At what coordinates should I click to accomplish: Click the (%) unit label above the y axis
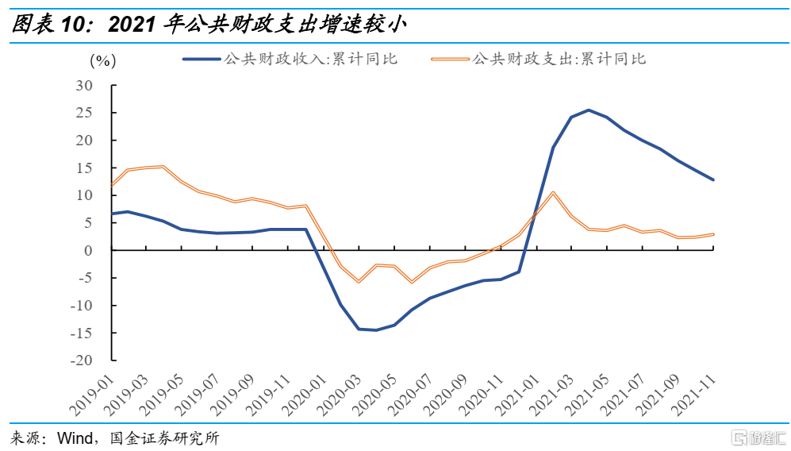(103, 60)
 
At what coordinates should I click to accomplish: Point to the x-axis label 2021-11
(693, 392)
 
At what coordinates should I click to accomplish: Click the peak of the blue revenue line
(589, 110)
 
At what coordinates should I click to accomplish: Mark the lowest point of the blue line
(376, 330)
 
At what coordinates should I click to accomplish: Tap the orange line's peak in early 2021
(553, 192)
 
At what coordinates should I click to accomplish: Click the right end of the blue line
(713, 179)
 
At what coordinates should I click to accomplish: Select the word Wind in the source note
(73, 438)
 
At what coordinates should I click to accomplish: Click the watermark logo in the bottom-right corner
(757, 438)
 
